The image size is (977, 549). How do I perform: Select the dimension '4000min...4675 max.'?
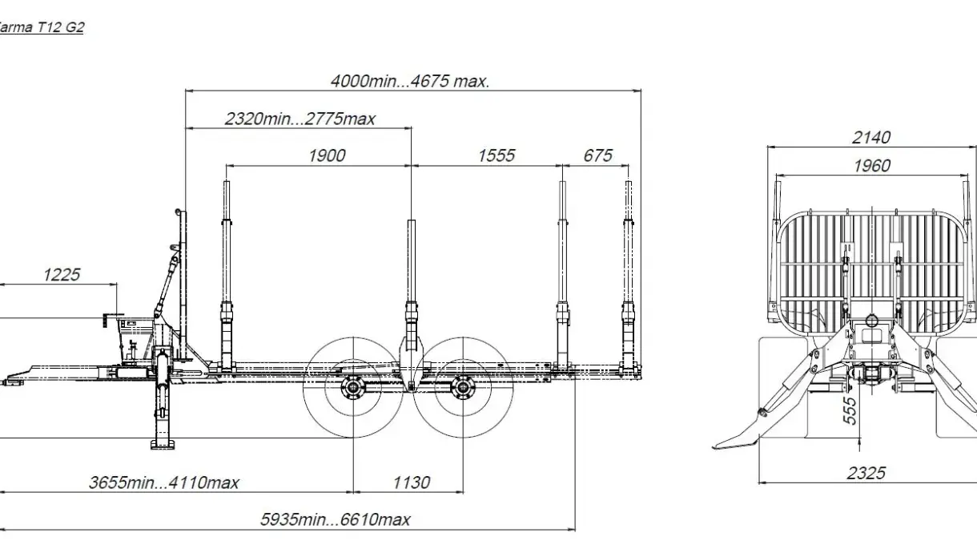pos(410,81)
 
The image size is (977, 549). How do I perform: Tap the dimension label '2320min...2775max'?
pos(300,119)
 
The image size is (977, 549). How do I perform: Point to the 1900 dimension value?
pos(327,155)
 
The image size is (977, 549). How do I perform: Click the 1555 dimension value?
pos(497,155)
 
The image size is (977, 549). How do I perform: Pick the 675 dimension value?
pos(598,155)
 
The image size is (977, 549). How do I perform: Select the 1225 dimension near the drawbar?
pos(62,275)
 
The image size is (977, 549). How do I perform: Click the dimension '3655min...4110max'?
pos(164,482)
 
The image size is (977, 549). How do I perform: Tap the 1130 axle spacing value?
pos(412,482)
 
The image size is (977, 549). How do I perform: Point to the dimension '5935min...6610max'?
pos(336,520)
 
